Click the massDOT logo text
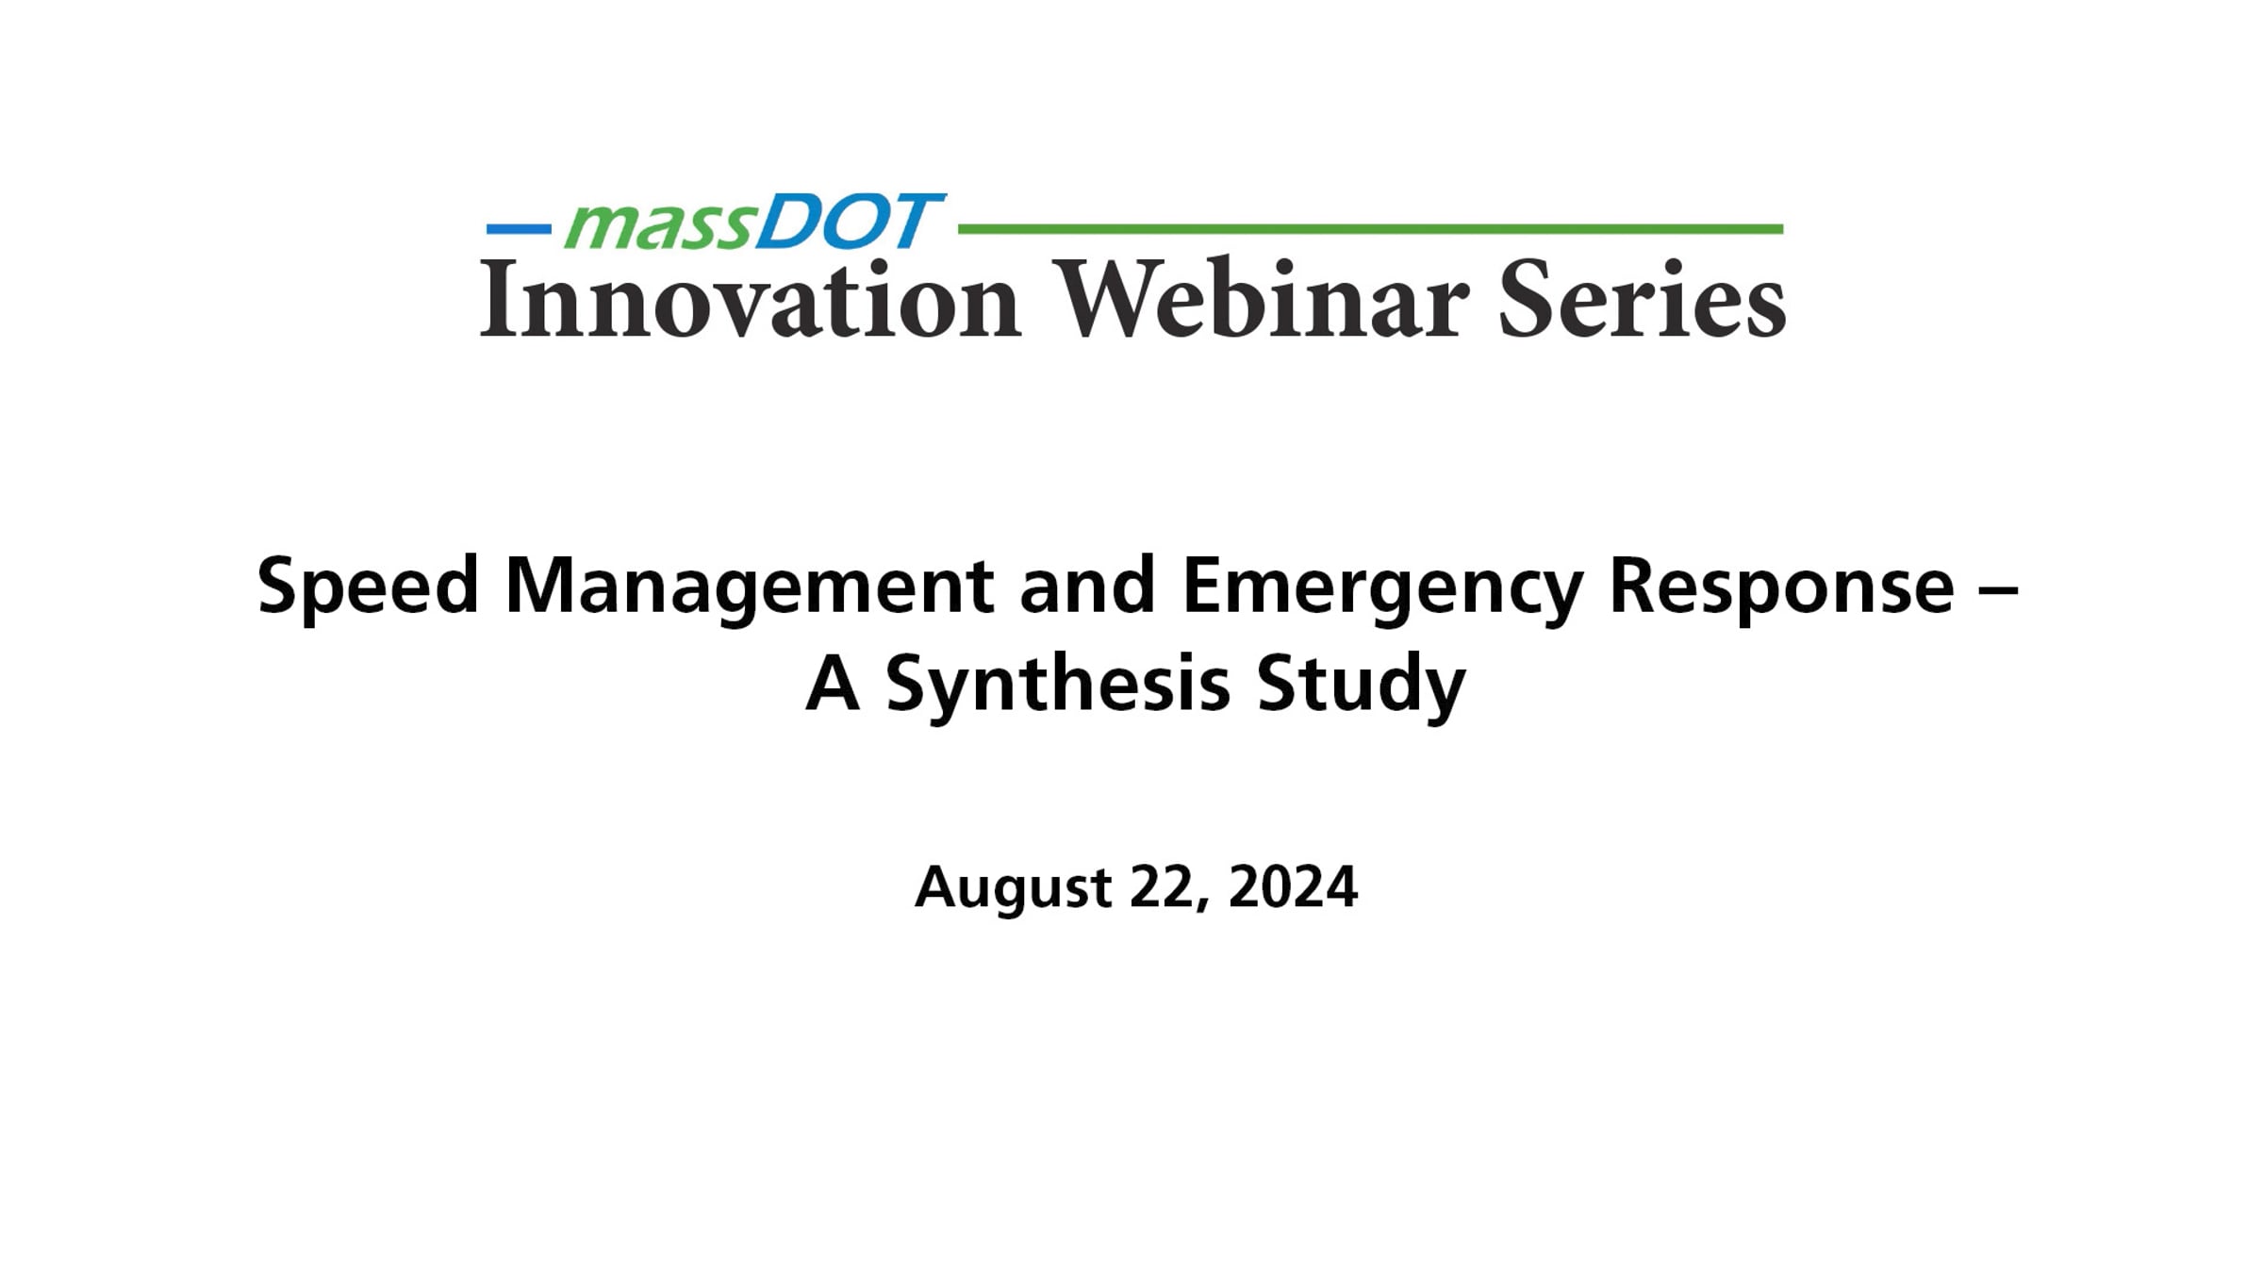click(752, 223)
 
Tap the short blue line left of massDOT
click(519, 229)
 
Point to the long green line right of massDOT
click(1370, 229)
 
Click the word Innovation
click(751, 300)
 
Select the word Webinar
click(1263, 300)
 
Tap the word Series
click(1642, 300)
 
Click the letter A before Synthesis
click(833, 685)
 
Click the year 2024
click(1293, 886)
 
